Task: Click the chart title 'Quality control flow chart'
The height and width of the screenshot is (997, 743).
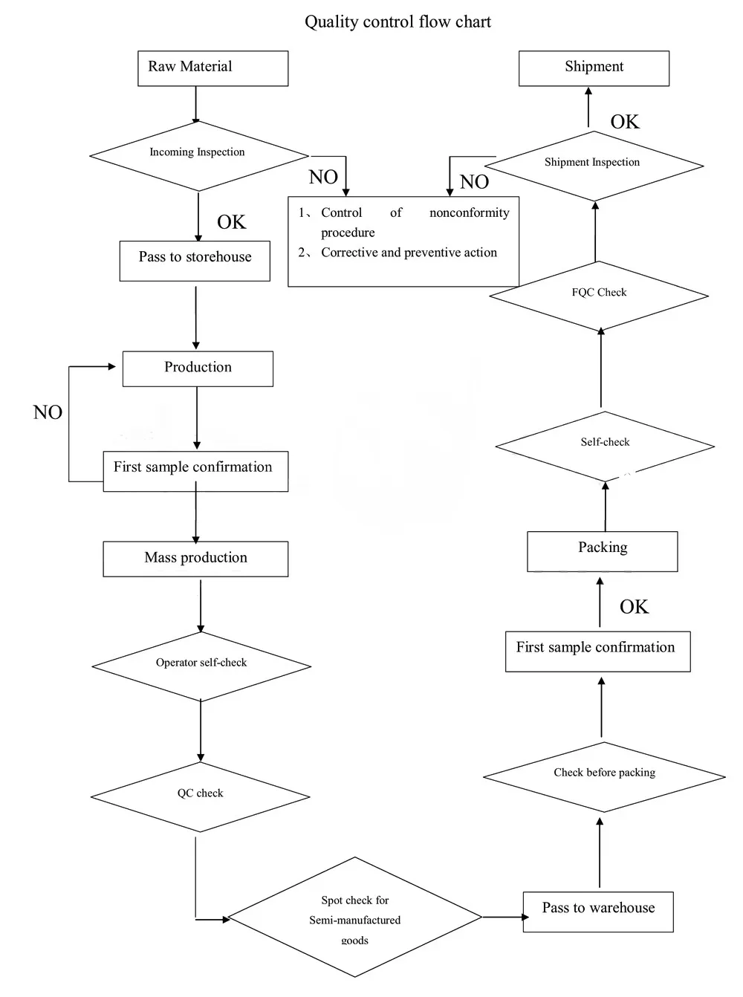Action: [x=398, y=22]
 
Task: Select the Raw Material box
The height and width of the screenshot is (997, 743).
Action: [x=212, y=68]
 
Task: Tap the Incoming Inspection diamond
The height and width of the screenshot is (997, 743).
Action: [x=199, y=156]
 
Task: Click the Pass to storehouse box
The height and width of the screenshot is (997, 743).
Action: [x=195, y=262]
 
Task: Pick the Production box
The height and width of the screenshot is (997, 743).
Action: [x=198, y=368]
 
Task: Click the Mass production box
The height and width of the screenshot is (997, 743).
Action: [x=195, y=559]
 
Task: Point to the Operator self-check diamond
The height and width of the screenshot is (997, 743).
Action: [x=201, y=666]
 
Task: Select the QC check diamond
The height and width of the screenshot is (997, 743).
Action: [x=200, y=796]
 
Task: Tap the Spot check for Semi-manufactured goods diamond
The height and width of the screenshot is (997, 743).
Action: [x=355, y=917]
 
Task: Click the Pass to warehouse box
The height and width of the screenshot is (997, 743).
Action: [x=598, y=912]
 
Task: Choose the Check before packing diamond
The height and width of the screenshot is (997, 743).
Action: [x=604, y=777]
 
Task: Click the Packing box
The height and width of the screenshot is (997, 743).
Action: [x=603, y=551]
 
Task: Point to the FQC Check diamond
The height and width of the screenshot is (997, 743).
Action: [x=599, y=296]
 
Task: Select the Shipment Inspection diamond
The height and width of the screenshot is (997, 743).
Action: [x=594, y=166]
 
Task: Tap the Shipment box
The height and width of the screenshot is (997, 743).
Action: [x=594, y=68]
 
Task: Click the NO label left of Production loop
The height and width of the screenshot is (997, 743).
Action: [x=48, y=412]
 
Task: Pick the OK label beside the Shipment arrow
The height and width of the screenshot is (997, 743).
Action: [x=625, y=122]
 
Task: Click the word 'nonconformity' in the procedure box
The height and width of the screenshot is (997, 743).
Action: [x=469, y=212]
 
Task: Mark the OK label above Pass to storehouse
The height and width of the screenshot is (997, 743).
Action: [x=231, y=222]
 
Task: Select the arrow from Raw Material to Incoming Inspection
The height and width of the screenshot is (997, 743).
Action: [x=195, y=105]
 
